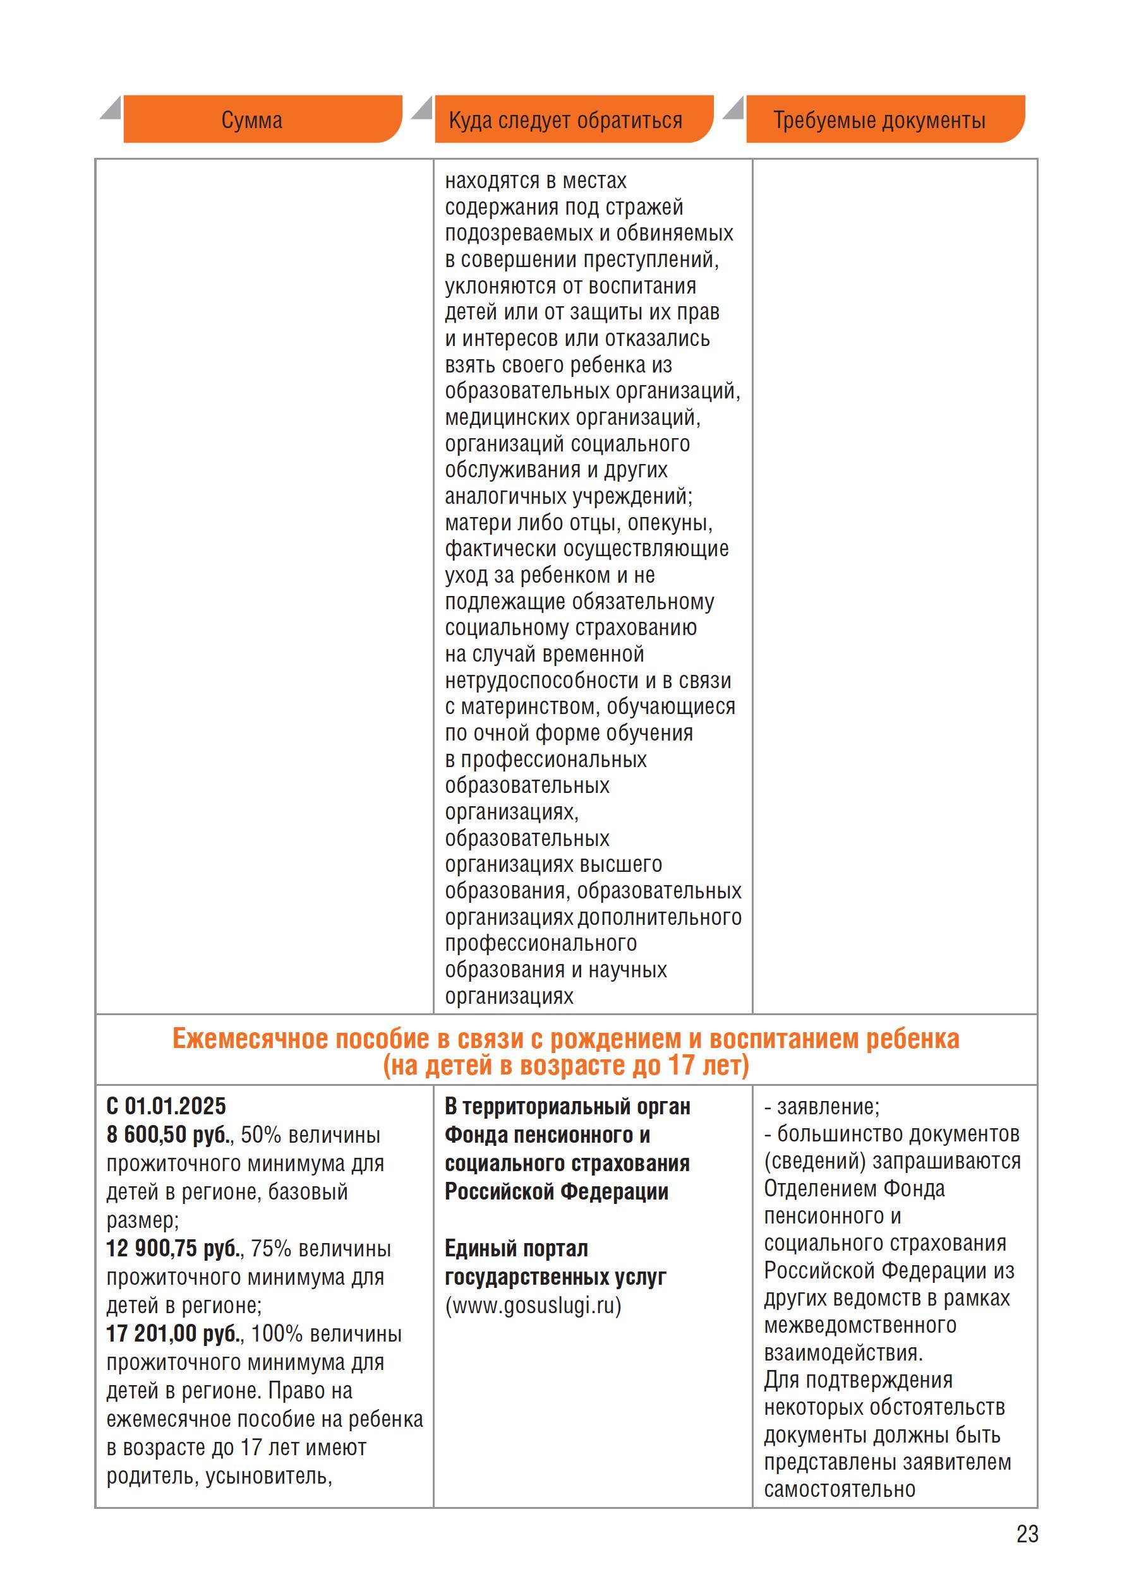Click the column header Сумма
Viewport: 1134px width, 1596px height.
(251, 120)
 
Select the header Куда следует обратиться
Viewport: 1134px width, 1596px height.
(565, 120)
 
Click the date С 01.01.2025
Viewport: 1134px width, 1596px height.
(166, 1106)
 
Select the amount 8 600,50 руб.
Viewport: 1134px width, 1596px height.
(168, 1134)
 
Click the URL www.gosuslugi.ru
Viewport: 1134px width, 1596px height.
(533, 1305)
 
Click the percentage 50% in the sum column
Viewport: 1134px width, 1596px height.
(260, 1134)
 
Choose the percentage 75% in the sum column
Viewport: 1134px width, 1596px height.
(270, 1249)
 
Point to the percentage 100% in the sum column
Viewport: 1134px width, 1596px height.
(277, 1333)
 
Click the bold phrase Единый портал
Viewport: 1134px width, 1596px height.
(516, 1249)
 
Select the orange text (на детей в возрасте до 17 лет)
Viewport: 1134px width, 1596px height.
(565, 1066)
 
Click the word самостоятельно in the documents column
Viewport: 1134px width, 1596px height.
(840, 1489)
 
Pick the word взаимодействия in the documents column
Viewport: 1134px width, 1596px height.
(842, 1352)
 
